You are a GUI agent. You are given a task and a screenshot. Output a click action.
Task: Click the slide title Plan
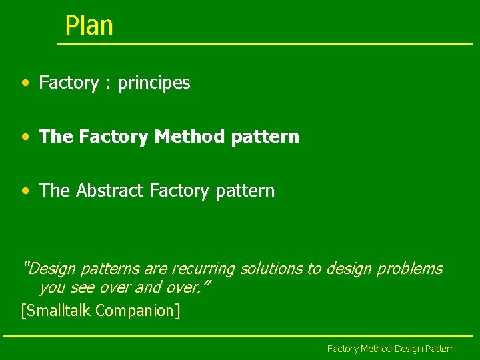coord(89,26)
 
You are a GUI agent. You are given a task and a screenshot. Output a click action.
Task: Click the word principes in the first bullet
coord(154,83)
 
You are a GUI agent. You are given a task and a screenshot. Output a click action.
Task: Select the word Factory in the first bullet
coord(69,83)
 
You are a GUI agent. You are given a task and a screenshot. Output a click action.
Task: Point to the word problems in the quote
coord(409,269)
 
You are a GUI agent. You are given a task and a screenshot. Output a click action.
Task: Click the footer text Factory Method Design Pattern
coord(391,349)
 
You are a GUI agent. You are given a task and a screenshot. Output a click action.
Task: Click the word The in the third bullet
coord(55,191)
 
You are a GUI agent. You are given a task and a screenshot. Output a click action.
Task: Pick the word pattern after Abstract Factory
coord(243,191)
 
